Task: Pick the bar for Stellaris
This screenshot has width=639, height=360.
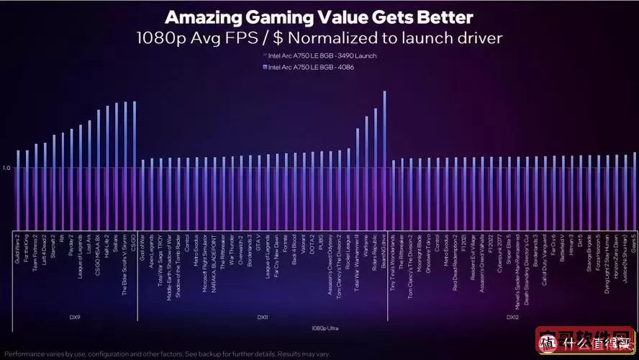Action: (116, 166)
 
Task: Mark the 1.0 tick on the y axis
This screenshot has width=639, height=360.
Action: (6, 168)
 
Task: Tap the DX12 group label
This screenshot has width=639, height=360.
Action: (512, 317)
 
